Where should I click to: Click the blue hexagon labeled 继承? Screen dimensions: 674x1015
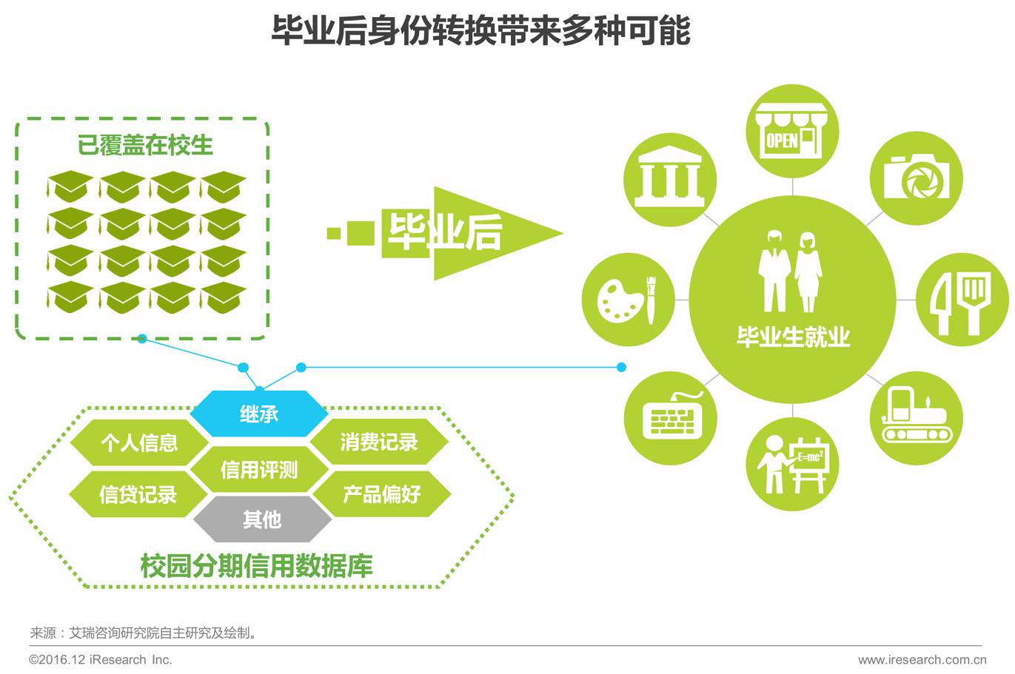(259, 414)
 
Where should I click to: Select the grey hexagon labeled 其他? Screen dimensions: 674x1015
(262, 519)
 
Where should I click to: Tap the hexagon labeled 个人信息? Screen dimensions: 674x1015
(139, 442)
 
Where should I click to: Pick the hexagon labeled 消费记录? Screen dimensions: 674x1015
(379, 442)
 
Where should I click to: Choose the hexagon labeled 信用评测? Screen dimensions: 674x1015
(259, 469)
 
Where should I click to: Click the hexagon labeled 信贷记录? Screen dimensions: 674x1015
(138, 494)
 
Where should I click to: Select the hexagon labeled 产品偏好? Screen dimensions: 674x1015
(381, 493)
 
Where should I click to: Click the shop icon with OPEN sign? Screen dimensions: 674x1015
(792, 132)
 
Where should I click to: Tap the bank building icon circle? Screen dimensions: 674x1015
(670, 180)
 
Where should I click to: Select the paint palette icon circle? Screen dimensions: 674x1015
(629, 299)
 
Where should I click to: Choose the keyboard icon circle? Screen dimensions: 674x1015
(670, 418)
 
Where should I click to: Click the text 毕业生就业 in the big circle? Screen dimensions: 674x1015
(792, 337)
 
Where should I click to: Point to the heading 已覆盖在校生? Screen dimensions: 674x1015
(145, 144)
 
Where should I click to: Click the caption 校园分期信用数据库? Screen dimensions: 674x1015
(256, 566)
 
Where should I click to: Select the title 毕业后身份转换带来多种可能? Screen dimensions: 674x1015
(481, 31)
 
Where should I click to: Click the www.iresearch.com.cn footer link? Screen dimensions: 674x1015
(922, 659)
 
